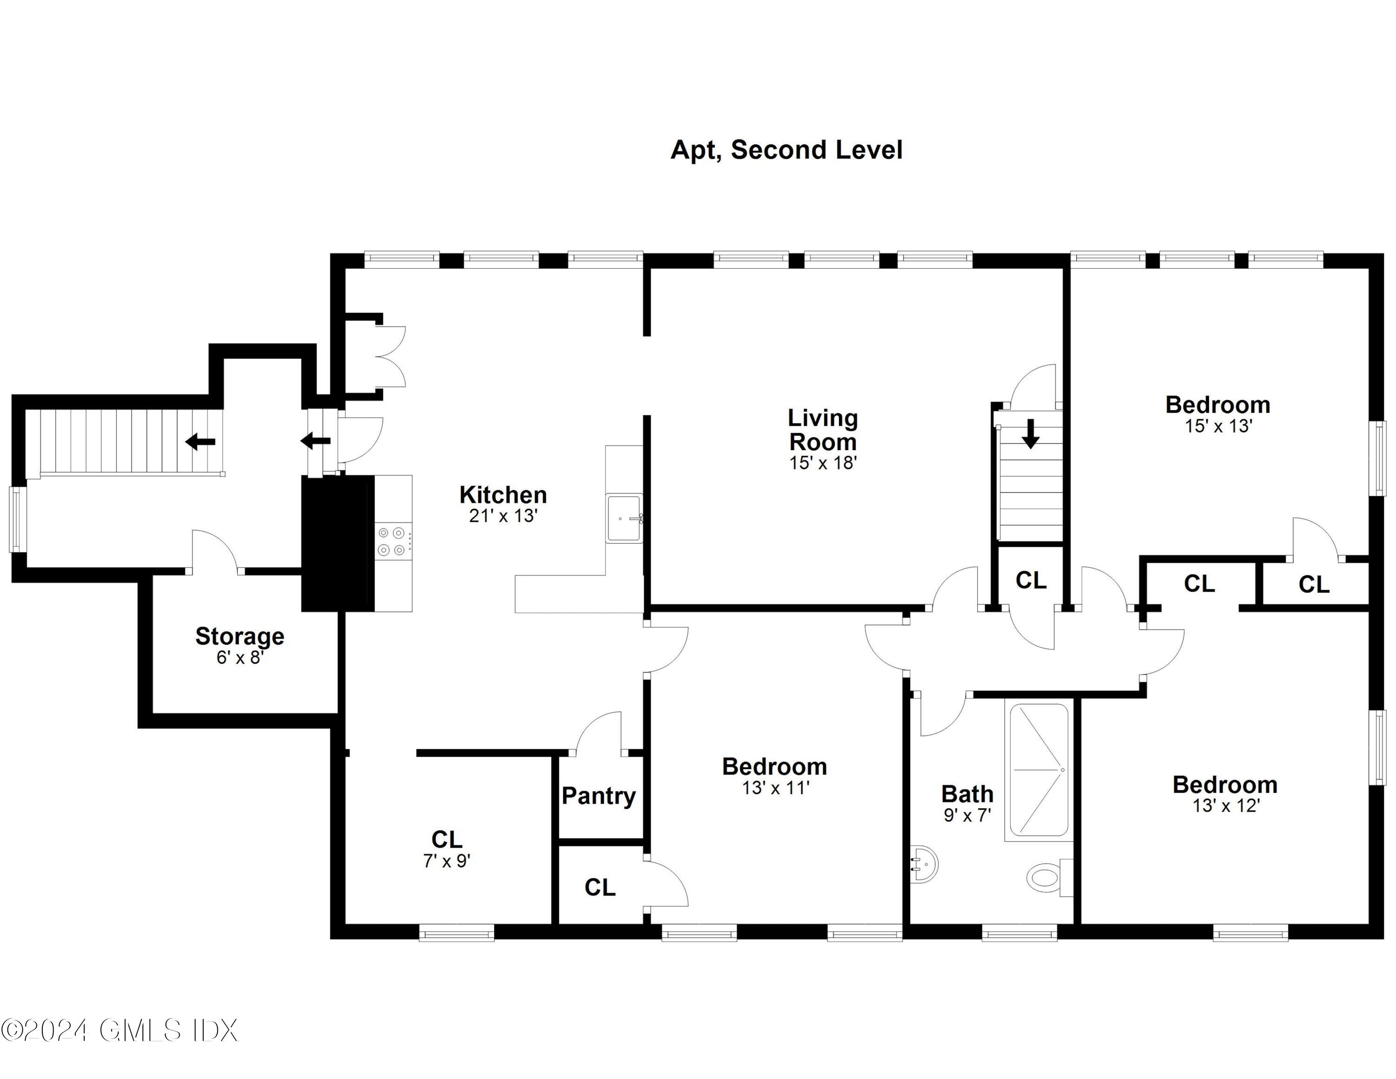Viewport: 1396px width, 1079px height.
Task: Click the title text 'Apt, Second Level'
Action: coord(786,150)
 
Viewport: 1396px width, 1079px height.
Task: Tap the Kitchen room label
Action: coord(503,495)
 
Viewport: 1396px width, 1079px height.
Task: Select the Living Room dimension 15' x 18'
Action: coord(823,463)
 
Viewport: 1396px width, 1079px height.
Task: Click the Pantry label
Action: coord(598,796)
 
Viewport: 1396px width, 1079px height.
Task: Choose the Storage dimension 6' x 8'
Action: coord(240,657)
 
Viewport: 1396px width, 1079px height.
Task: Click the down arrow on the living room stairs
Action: coord(1030,433)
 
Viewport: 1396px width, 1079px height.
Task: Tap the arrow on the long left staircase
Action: coord(200,441)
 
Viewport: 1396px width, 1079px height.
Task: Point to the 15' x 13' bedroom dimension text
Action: coord(1218,426)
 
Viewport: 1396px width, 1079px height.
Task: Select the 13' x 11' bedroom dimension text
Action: coord(775,788)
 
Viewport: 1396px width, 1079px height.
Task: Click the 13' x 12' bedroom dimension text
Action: coord(1225,806)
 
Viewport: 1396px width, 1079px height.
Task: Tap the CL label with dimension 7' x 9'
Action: coord(446,839)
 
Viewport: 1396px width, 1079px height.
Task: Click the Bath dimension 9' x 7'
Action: coord(967,815)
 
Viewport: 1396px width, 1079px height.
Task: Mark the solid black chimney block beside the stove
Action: coord(337,543)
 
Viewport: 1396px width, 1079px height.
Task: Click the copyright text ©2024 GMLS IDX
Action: coord(120,1031)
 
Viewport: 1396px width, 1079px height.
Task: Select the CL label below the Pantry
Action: coord(599,887)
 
